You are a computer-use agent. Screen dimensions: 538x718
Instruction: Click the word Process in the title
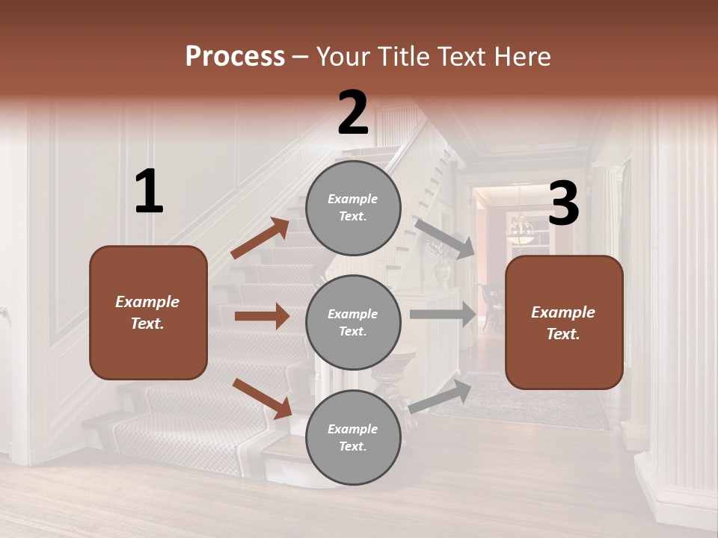tap(235, 57)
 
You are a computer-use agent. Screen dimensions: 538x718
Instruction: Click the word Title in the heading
tap(402, 57)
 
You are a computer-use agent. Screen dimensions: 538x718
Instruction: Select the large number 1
tap(149, 192)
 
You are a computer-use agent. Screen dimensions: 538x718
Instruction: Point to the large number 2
tap(353, 114)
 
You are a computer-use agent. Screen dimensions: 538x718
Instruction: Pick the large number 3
tap(563, 204)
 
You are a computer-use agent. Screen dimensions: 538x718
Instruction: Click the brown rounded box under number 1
tap(148, 312)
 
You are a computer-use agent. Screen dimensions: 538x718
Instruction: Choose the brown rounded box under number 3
tap(564, 323)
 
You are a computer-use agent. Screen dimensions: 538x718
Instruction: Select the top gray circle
tap(353, 208)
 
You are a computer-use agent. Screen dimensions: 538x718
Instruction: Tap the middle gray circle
tap(353, 323)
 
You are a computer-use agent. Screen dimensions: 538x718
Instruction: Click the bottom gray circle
tap(353, 438)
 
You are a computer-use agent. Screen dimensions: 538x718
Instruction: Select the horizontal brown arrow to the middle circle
tap(262, 316)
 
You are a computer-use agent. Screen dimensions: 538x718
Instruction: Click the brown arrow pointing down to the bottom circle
tap(263, 398)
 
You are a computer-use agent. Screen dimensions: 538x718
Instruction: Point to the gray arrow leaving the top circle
tap(445, 238)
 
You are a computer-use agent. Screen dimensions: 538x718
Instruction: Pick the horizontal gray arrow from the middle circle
tap(443, 315)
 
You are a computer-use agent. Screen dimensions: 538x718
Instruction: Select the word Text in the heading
tap(461, 57)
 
